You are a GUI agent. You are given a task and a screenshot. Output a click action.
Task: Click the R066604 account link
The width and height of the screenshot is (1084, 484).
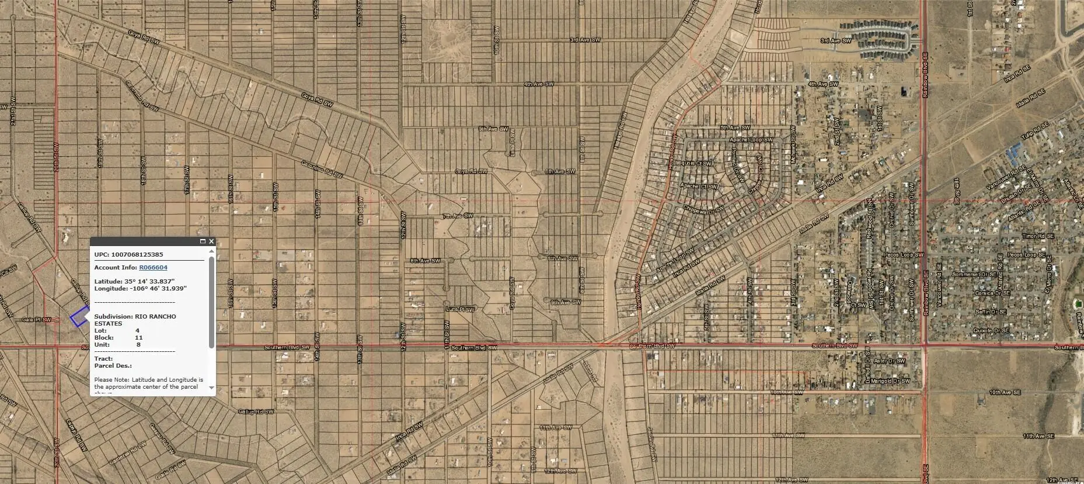coord(153,268)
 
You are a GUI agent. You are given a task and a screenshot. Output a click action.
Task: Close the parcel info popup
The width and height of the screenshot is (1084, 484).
coord(211,241)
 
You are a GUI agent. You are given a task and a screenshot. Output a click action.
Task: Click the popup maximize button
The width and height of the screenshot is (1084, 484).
coord(203,241)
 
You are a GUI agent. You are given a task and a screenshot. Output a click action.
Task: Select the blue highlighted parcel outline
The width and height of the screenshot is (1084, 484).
coord(78,317)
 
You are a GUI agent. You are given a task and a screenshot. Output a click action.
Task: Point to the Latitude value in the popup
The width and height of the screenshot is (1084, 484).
coord(149,281)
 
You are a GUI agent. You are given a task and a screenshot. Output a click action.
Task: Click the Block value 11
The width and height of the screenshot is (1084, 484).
coord(138,338)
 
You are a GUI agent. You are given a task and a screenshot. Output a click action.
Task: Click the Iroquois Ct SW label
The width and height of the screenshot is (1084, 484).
coord(696,164)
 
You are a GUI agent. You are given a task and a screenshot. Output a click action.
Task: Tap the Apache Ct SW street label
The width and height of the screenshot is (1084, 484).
coord(698,186)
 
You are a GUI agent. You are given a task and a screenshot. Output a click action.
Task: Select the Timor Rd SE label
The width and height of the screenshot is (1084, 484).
coord(1037,236)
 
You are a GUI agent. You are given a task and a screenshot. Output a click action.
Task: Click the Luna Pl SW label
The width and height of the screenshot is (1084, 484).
coord(460,309)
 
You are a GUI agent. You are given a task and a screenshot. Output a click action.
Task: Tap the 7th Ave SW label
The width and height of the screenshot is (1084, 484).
coord(457,216)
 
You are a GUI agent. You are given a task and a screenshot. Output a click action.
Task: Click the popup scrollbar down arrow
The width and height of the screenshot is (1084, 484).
coord(211,388)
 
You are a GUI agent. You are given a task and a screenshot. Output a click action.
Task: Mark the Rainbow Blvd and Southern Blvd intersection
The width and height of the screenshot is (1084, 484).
coord(925,346)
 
